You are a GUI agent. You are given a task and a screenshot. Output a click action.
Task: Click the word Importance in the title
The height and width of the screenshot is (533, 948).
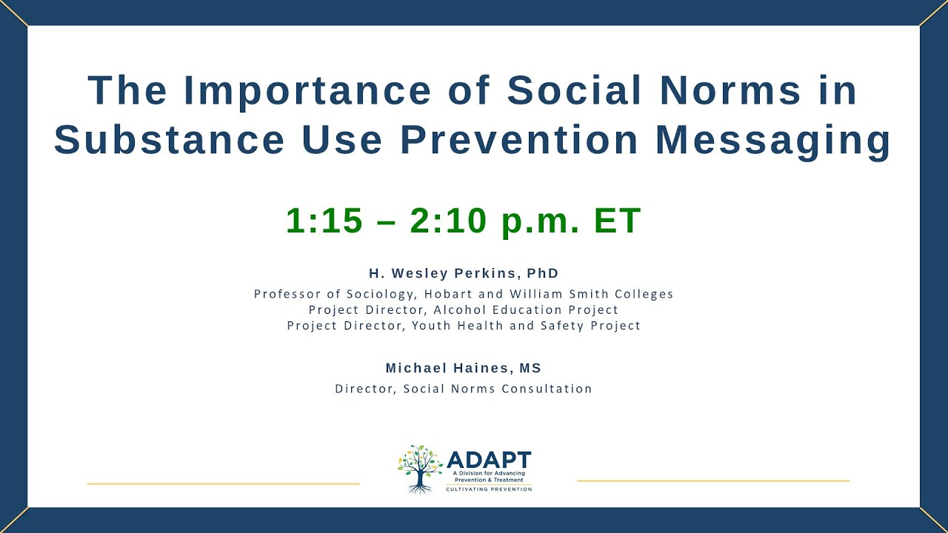point(307,90)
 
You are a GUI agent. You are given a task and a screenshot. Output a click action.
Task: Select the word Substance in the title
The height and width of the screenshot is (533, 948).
point(169,140)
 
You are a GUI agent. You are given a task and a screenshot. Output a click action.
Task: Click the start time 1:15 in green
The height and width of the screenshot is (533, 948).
point(324,221)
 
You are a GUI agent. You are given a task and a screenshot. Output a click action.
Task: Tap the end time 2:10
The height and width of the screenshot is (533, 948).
point(449,221)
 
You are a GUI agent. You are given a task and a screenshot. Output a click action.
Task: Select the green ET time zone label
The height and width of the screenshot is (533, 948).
point(617,221)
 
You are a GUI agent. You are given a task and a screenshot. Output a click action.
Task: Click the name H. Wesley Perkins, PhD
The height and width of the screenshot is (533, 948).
point(464,273)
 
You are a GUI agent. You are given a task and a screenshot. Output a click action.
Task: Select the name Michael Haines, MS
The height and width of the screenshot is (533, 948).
point(464,368)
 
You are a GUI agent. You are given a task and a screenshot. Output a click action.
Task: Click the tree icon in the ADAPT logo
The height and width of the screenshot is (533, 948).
point(420,469)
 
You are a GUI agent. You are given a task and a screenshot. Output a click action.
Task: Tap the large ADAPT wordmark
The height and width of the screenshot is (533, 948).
point(488,459)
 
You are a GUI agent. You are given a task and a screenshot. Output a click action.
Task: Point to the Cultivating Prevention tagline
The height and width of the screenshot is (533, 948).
point(488,489)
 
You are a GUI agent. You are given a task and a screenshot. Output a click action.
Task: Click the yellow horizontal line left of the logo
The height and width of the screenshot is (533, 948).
point(223,483)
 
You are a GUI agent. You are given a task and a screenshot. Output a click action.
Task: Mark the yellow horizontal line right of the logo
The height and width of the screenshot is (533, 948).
point(712,480)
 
